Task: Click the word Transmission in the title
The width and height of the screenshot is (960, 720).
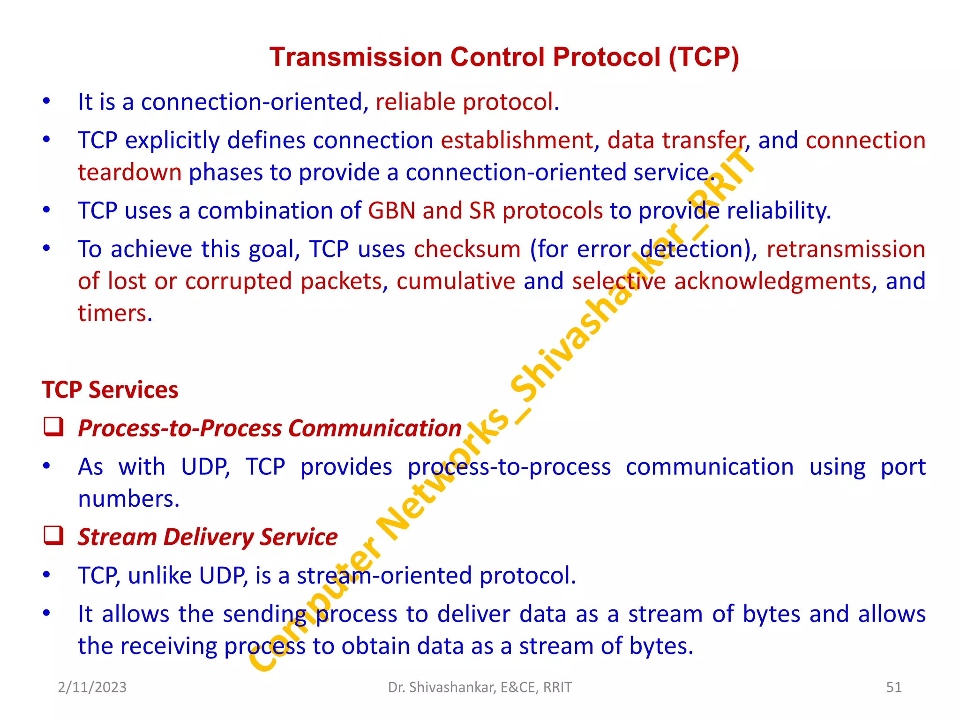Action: coord(356,57)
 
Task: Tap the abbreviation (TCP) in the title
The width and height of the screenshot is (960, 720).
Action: coord(704,57)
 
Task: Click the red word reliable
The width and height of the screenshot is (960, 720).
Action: coord(415,102)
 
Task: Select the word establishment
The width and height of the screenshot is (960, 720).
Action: coord(517,141)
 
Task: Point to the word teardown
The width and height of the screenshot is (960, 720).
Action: coord(129,172)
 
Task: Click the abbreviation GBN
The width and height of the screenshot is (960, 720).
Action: coord(391,210)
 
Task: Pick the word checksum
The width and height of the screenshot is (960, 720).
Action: coord(467,249)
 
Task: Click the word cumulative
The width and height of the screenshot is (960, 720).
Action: coord(456,281)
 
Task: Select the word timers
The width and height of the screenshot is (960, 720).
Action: coord(112,313)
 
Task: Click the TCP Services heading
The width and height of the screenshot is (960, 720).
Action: coord(110,390)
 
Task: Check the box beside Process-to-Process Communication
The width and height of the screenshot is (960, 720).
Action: coord(53,427)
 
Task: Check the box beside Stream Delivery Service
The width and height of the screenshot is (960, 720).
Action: coord(53,536)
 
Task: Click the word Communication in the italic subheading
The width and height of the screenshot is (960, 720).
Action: coord(375,428)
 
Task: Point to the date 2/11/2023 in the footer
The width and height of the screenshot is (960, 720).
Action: coord(92,687)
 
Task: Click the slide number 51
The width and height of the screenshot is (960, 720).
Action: coord(893,687)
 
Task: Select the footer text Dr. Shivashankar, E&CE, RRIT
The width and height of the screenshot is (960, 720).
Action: coord(480,687)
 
